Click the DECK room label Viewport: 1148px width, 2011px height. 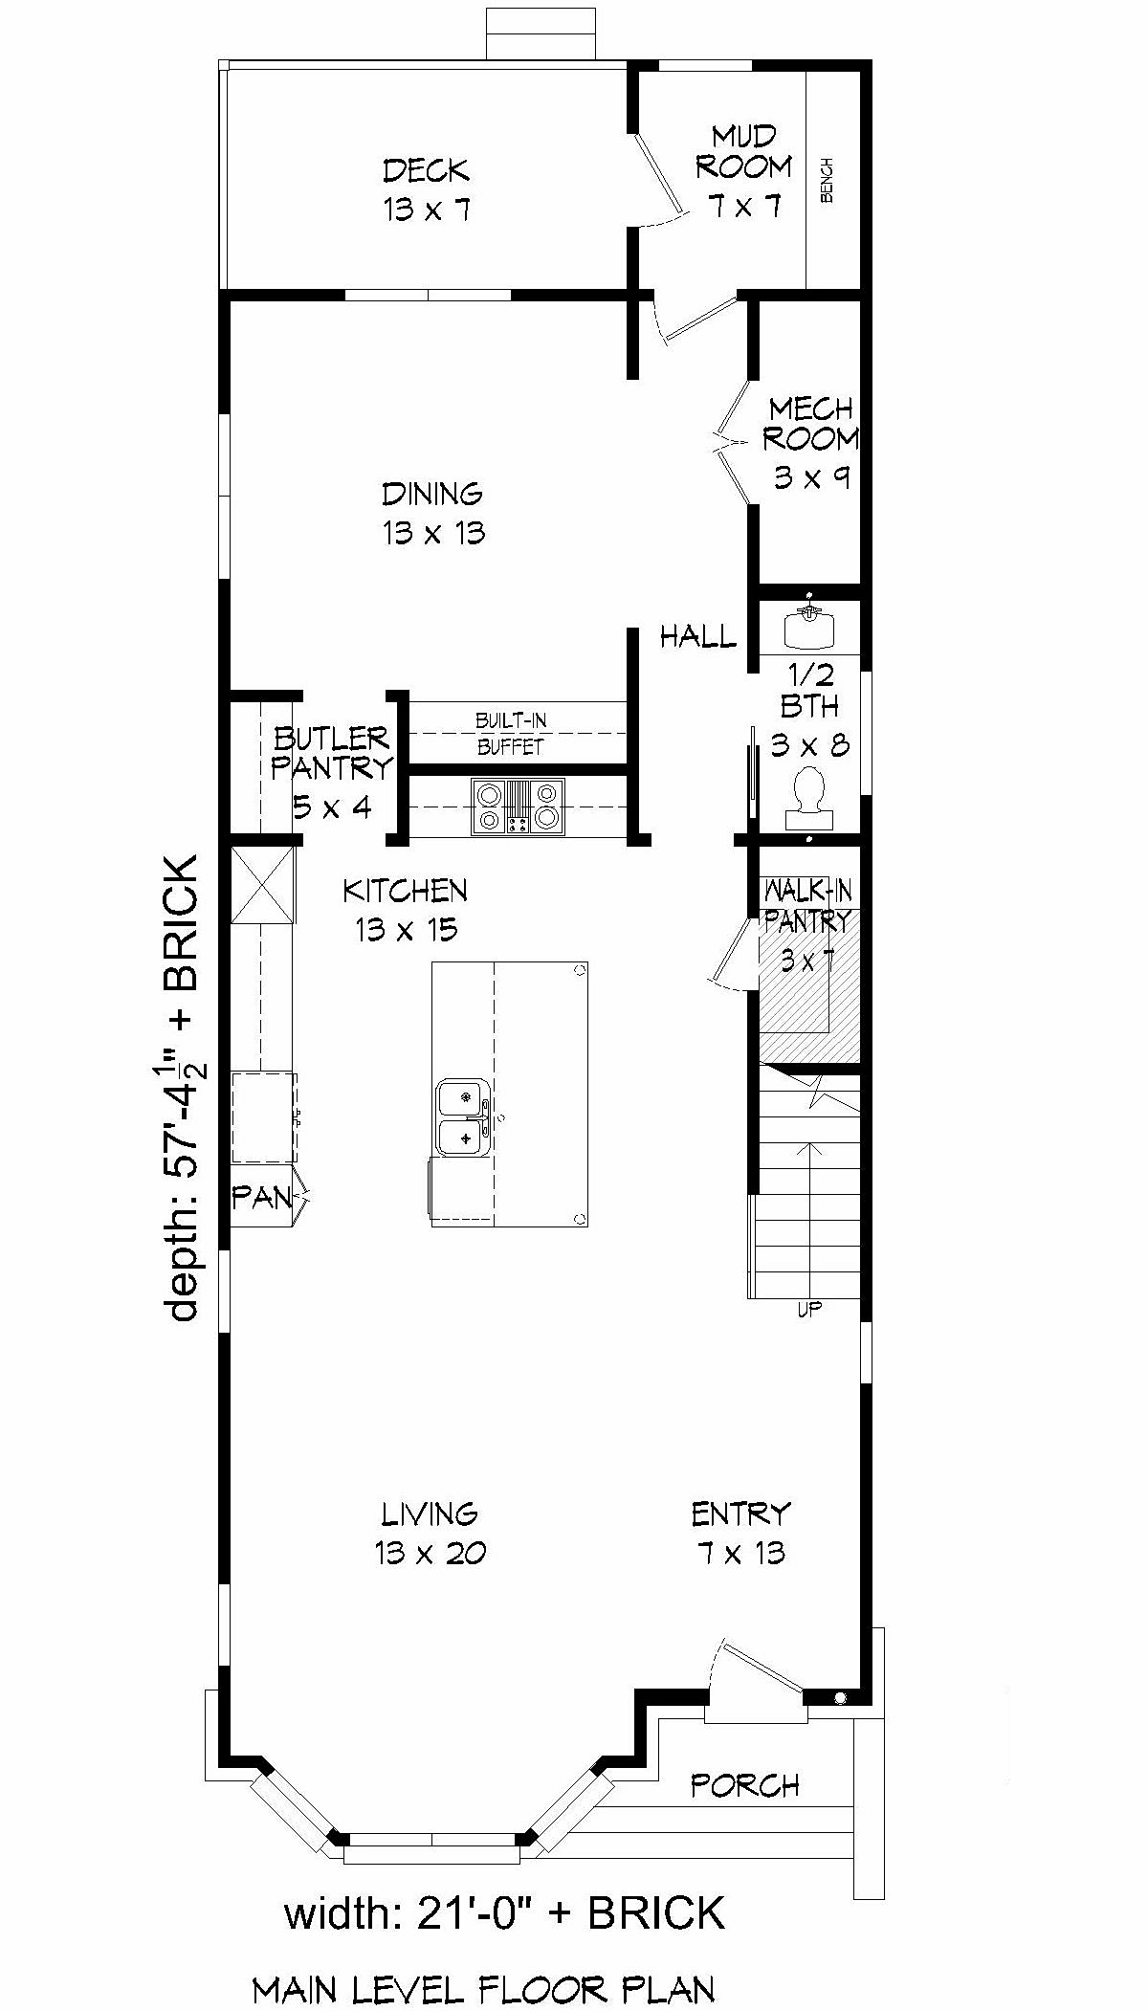(427, 190)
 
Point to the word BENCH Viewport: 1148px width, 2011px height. (828, 180)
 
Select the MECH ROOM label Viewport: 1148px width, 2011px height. (811, 443)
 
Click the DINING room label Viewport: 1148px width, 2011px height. (433, 513)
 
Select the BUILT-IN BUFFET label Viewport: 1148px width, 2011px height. (511, 733)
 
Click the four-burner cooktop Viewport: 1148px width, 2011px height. (518, 806)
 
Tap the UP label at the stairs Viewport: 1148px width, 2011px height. (809, 1309)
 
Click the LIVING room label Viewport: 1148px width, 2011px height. (430, 1533)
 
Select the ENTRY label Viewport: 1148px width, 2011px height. (741, 1533)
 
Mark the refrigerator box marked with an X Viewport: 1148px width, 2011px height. (263, 885)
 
